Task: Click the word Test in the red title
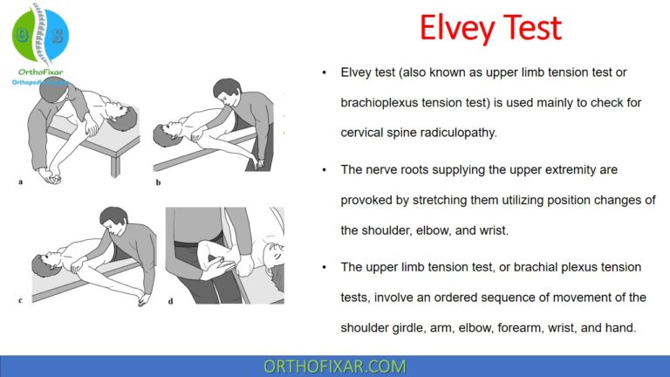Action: tap(529, 29)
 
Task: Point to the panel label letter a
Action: tap(20, 182)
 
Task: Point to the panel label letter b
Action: tap(159, 182)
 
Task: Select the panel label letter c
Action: tap(20, 301)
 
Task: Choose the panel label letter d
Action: tap(169, 301)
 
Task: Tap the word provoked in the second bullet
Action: tap(366, 200)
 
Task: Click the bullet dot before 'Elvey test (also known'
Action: tap(325, 72)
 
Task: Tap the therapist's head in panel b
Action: tap(227, 91)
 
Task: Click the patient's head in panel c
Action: tap(42, 264)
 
